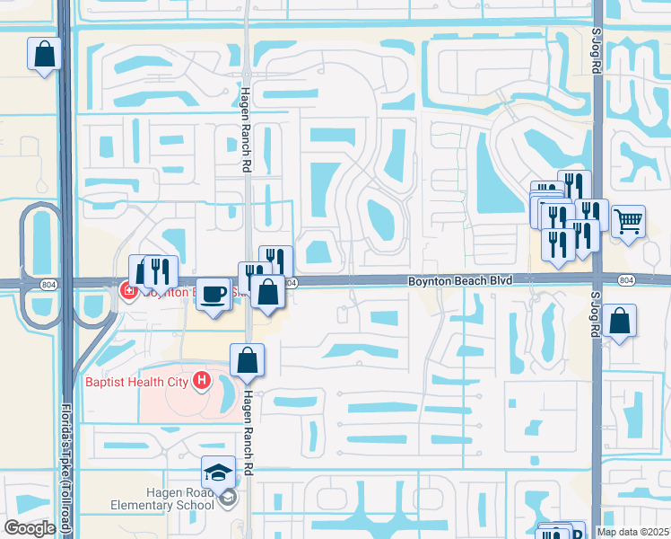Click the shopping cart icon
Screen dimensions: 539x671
click(x=629, y=219)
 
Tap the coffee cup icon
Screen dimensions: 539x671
click(x=213, y=294)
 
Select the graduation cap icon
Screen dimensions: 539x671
click(x=218, y=471)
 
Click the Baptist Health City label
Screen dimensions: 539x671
click(x=135, y=382)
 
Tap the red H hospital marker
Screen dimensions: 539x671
click(x=202, y=382)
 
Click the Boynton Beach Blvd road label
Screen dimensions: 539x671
click(x=460, y=281)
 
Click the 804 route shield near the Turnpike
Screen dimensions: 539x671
click(x=48, y=284)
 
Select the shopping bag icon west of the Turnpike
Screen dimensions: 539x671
click(x=44, y=54)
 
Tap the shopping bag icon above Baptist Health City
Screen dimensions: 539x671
click(x=247, y=360)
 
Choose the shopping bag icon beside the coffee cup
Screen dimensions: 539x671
click(x=267, y=291)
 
